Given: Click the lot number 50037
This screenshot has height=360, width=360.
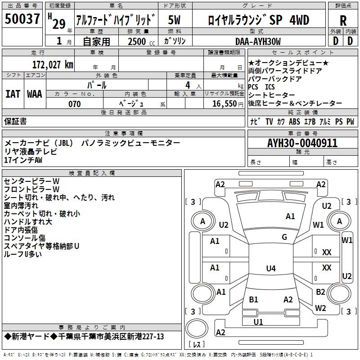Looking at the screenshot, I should coord(22,20).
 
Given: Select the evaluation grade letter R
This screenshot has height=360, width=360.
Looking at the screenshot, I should coord(343,20).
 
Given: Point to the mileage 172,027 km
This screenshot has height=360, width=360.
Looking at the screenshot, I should coord(53,64).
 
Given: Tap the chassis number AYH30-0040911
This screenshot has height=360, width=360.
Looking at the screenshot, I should coord(302,144).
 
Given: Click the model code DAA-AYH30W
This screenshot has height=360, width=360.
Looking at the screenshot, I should coord(258,41).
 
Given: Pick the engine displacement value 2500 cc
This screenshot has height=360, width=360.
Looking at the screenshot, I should coord(139,41).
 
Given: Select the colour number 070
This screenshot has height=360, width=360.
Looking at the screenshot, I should coord(74,104).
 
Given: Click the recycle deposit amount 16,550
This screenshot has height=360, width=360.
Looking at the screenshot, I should coord(225,104).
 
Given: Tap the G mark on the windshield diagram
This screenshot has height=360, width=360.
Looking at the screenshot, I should coord(284,237).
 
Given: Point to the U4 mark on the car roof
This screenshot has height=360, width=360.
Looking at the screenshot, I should coord(270,269).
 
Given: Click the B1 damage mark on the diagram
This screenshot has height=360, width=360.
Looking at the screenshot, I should coord(253,300).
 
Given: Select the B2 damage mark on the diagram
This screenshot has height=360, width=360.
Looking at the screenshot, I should coord(320,292).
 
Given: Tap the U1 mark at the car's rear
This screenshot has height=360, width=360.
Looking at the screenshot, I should coord(258,322).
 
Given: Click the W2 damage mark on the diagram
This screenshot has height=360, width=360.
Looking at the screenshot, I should coord(320,308).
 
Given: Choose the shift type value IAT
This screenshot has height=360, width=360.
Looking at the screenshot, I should coord(13,94).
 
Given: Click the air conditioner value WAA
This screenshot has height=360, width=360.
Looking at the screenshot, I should coord(35,94).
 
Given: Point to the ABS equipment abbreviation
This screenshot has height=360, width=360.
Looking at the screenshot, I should coord(294,121).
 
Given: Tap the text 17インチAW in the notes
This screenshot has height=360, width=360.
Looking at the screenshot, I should coord(24,160).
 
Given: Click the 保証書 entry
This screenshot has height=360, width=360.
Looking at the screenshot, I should coord(15,121).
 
